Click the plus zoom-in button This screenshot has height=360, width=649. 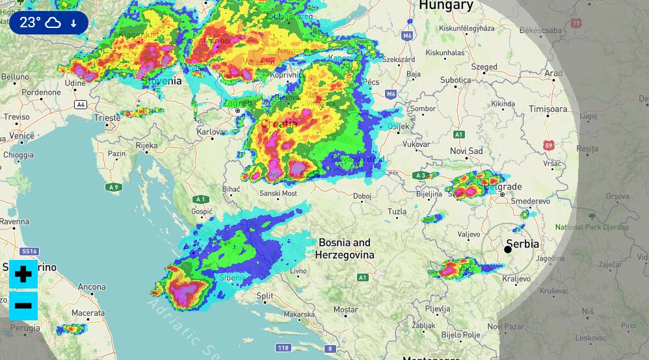(x=23, y=274)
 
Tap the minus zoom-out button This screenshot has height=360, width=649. (x=23, y=305)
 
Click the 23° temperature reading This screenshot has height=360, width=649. (x=30, y=23)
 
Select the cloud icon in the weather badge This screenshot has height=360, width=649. (x=53, y=23)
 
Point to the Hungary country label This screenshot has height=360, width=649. (x=445, y=5)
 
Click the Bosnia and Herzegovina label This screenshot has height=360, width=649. (x=345, y=249)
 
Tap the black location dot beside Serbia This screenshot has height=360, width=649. (x=508, y=250)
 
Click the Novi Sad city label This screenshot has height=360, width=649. (x=466, y=151)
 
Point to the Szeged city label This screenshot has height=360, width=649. (x=484, y=66)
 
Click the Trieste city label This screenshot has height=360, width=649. (x=107, y=118)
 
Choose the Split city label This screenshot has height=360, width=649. (x=265, y=296)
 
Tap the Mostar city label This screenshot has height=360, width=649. (x=345, y=310)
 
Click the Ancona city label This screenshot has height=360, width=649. (x=92, y=287)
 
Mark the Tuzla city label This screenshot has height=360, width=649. (x=397, y=211)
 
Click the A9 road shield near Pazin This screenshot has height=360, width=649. (x=114, y=187)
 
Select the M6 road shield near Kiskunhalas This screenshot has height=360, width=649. (x=408, y=36)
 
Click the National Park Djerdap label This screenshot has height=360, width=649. (x=592, y=227)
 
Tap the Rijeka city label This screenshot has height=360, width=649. (x=146, y=146)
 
